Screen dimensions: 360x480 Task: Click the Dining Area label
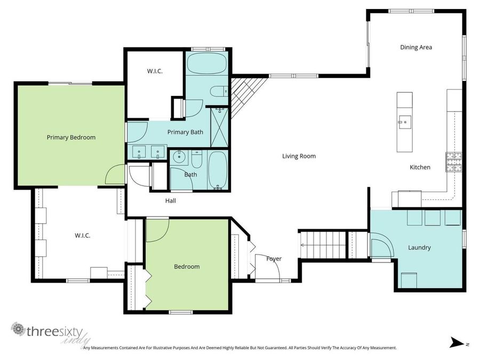click(x=416, y=47)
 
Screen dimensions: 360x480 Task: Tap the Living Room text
click(x=299, y=156)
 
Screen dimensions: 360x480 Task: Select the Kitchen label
click(x=420, y=167)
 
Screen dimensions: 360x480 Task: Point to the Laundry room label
click(x=419, y=247)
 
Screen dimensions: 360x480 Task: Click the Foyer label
click(x=274, y=259)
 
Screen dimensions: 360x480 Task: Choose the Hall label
click(x=170, y=201)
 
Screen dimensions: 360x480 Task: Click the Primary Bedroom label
click(x=71, y=137)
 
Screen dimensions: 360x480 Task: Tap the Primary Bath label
click(x=185, y=132)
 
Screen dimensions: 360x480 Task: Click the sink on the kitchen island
click(x=404, y=122)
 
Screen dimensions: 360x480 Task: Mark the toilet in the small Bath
click(x=197, y=159)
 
